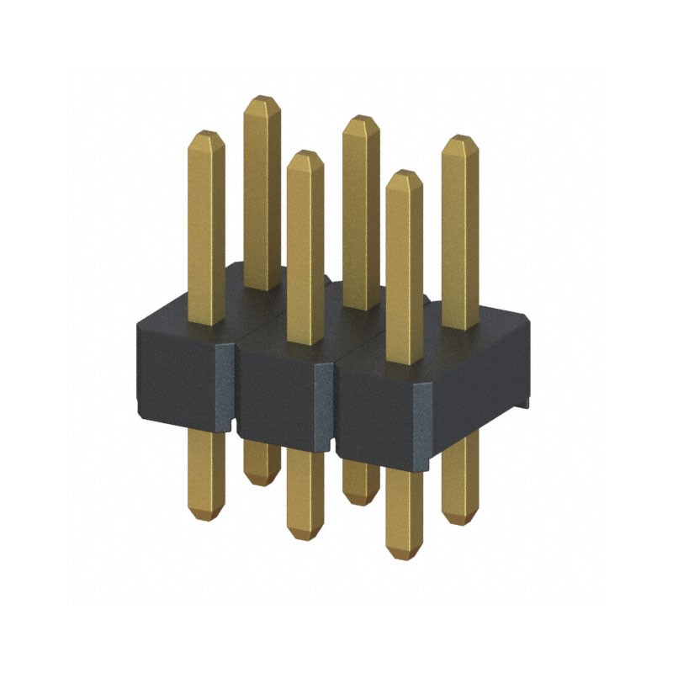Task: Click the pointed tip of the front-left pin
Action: click(206, 136)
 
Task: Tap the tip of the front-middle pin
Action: click(305, 156)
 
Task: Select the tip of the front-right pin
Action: click(404, 177)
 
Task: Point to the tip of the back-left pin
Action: click(262, 102)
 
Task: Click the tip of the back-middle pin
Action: click(361, 121)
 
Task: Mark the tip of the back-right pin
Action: click(460, 141)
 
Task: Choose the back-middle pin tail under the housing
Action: click(360, 484)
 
